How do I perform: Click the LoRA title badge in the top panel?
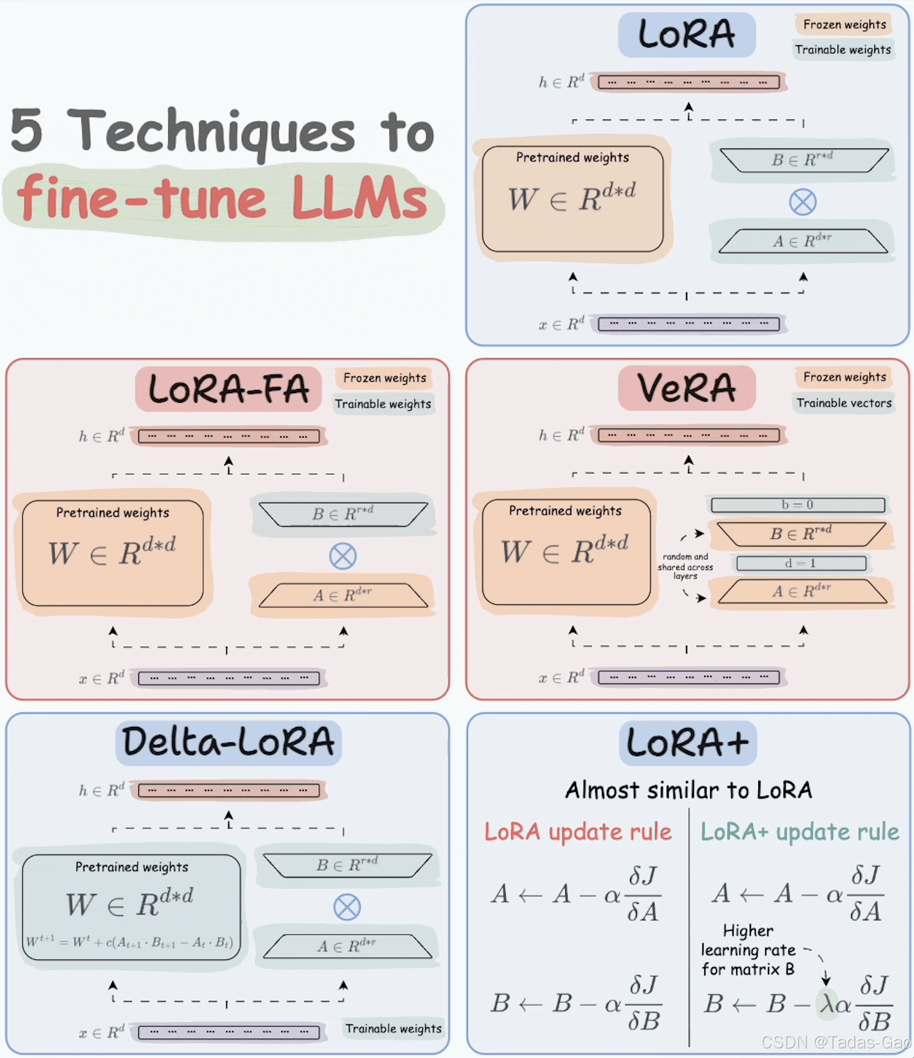686,34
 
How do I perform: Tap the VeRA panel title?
686,388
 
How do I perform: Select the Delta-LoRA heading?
228,742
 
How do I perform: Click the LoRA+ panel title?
687,743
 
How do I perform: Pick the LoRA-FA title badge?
228,389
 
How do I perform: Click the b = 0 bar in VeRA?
798,505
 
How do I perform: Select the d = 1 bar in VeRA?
801,563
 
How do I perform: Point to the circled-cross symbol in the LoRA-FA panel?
343,556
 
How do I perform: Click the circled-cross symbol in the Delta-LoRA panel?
347,907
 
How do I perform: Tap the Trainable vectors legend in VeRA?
844,403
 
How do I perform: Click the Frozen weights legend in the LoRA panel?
844,25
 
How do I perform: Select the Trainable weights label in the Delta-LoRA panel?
393,1029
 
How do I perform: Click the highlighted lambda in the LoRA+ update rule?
827,1003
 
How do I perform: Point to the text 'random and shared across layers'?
685,566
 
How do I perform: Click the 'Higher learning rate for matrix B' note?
748,950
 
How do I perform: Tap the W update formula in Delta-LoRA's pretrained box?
129,942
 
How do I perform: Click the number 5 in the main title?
27,130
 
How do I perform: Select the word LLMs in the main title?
360,198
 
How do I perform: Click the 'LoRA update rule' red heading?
578,832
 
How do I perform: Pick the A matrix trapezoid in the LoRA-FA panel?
343,595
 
